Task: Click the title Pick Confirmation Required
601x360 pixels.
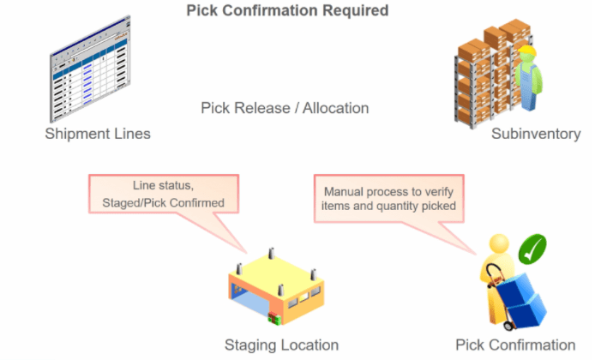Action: (x=287, y=11)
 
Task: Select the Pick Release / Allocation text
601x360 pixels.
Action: (x=285, y=109)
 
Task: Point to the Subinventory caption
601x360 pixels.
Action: (x=536, y=134)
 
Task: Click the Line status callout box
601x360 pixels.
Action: (x=161, y=194)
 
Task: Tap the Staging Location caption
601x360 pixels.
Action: (x=281, y=345)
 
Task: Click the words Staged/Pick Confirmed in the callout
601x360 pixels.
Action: (x=161, y=201)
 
